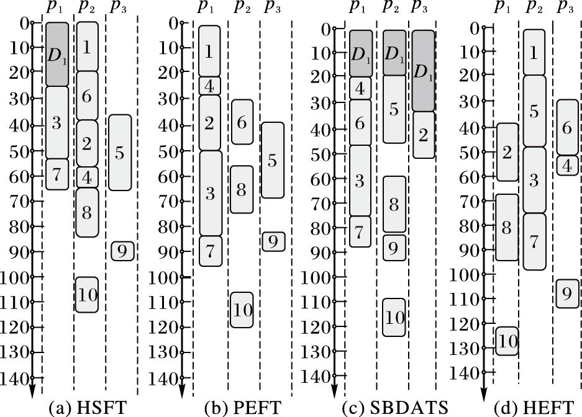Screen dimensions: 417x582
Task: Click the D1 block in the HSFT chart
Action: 57,54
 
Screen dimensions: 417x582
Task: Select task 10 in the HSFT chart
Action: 87,295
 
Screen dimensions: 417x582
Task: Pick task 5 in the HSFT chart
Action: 119,152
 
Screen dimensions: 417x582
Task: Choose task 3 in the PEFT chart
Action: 209,193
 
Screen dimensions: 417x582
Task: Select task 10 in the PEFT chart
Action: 242,309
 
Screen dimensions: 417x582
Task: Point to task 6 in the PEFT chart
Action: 242,122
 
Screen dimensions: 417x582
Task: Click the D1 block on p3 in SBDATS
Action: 423,70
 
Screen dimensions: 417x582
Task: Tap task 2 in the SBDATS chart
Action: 423,135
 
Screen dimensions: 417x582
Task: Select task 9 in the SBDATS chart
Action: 393,248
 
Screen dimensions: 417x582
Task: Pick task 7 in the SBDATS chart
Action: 360,231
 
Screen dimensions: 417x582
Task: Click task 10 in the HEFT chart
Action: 507,341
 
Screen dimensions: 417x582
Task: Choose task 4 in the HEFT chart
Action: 566,165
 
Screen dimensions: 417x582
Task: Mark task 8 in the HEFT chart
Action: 506,227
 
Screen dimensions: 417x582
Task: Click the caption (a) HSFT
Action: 88,408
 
